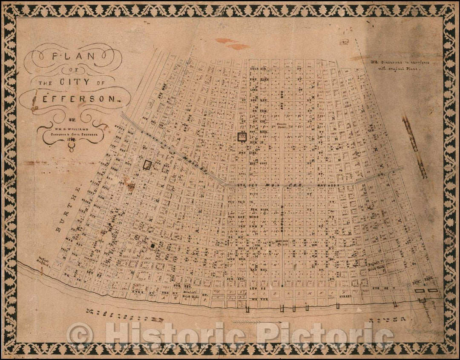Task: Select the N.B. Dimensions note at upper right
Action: (x=400, y=66)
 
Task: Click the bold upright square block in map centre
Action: (x=242, y=137)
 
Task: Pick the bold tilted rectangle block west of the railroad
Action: (x=148, y=165)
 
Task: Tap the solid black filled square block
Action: (x=152, y=245)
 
